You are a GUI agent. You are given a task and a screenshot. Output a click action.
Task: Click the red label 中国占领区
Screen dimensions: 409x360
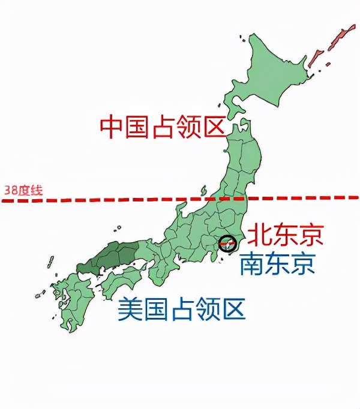tap(162, 126)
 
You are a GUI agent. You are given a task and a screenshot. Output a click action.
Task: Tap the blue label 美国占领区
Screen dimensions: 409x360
tap(181, 309)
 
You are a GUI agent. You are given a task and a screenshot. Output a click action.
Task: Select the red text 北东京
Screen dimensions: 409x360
tap(286, 234)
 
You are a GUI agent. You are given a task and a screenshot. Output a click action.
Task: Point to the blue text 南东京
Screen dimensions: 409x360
tap(277, 263)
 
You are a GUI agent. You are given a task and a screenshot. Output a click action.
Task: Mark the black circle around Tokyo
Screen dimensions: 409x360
tap(228, 243)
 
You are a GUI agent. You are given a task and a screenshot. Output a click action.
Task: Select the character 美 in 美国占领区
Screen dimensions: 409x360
tap(130, 309)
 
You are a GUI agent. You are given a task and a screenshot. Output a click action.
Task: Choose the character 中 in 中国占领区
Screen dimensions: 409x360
tap(112, 126)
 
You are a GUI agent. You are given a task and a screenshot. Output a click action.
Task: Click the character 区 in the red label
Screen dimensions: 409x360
tap(212, 126)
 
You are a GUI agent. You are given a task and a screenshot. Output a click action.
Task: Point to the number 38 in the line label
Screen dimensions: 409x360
tap(10, 191)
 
